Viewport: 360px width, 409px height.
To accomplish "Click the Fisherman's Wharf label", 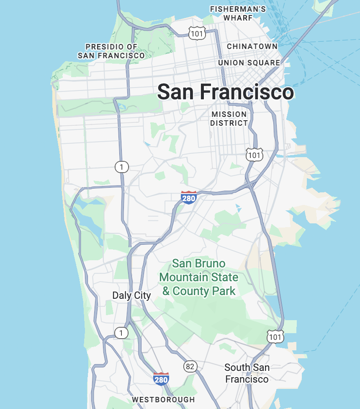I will tap(238, 13).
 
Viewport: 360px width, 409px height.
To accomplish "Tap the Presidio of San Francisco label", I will tap(111, 51).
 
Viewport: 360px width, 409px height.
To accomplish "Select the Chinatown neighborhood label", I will tap(252, 46).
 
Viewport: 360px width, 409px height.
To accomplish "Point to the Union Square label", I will tap(249, 63).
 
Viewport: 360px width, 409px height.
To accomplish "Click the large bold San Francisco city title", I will tap(225, 92).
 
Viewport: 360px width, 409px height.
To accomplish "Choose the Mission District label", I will tap(229, 119).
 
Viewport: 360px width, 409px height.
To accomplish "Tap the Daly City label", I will tap(131, 295).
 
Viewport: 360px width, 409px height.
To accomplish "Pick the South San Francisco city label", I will tap(247, 373).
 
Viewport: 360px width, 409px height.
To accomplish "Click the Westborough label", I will tap(163, 399).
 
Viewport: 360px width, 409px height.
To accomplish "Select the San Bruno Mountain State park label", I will tap(199, 277).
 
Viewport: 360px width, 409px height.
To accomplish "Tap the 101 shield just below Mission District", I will tap(254, 155).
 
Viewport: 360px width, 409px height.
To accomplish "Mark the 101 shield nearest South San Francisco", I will tap(275, 336).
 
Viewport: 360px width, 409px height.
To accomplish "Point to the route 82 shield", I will tap(190, 366).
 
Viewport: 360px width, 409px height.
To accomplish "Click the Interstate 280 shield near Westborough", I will tap(161, 379).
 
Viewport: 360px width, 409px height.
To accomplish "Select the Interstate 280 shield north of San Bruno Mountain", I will tap(188, 197).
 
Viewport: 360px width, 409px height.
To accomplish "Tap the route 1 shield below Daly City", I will tap(121, 333).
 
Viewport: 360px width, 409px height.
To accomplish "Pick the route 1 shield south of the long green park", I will tap(121, 167).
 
